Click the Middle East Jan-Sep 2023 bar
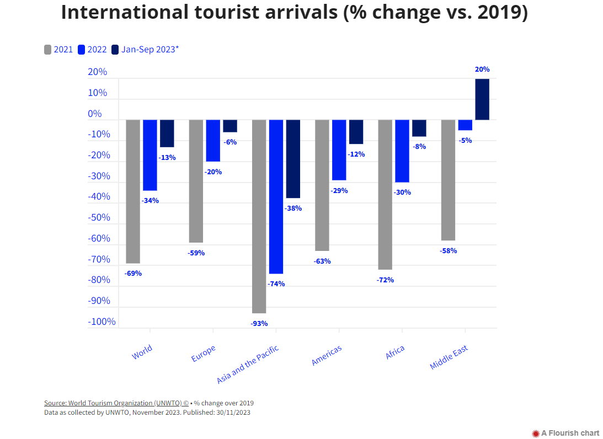click(x=482, y=99)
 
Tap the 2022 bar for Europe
click(x=213, y=141)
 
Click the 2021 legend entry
click(x=58, y=50)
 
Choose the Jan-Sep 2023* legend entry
click(x=145, y=50)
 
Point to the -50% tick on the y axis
click(x=99, y=217)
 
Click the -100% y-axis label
click(x=102, y=322)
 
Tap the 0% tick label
click(x=95, y=114)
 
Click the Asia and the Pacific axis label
click(x=248, y=365)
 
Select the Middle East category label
click(x=449, y=357)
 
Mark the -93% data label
click(x=259, y=323)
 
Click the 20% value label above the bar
click(x=482, y=69)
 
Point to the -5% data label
click(x=465, y=140)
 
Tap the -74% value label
click(x=276, y=284)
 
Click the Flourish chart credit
click(x=565, y=433)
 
